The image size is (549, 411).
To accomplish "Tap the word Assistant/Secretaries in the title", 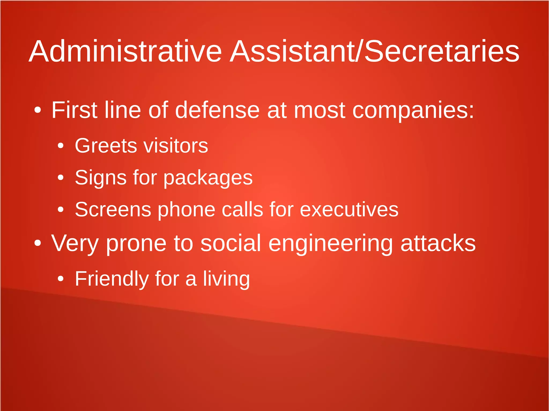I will pos(374,51).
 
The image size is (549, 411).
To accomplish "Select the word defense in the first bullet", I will pos(217,110).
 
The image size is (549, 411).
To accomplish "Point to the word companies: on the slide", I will pos(413,111).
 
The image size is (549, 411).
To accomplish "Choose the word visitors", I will pos(176,146).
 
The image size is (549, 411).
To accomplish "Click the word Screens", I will pos(113,209).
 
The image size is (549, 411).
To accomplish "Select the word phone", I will pos(187,210).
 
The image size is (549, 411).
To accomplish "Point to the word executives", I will pos(349,209).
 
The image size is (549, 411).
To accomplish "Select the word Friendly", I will pos(112,279).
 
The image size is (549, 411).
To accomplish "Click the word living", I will pos(226,279).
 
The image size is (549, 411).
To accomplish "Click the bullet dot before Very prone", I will pos(38,243).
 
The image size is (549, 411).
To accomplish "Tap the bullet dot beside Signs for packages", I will pos(61,178).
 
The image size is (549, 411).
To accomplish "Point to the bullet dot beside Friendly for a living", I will pos(61,279).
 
